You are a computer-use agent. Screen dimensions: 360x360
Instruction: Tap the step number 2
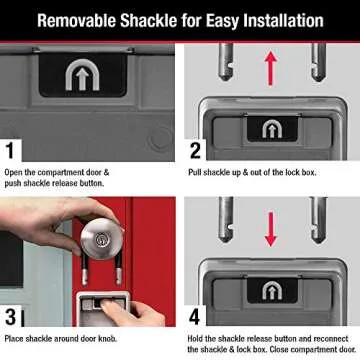tap(196, 152)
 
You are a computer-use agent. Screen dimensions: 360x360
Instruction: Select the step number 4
tap(196, 319)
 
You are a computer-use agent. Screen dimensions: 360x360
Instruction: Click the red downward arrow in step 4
tap(269, 229)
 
